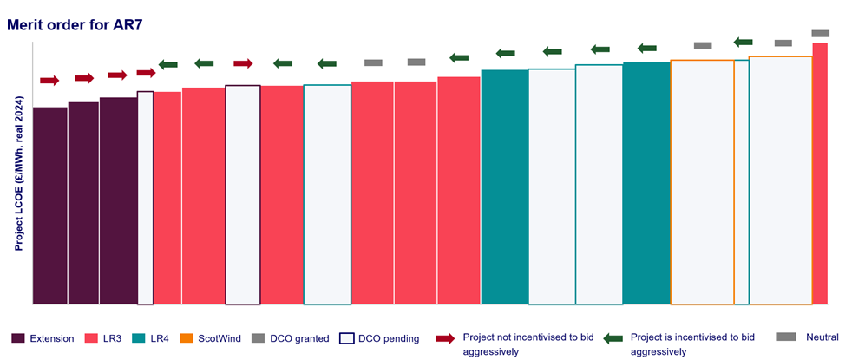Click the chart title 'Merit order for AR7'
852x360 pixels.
(x=74, y=24)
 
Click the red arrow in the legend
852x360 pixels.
(x=445, y=338)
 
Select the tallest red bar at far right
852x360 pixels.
(x=819, y=173)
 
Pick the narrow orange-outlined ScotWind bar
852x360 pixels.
(x=742, y=182)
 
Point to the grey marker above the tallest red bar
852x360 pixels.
(x=820, y=33)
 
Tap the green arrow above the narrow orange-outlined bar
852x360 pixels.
(x=743, y=42)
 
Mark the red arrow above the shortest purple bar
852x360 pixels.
(x=49, y=81)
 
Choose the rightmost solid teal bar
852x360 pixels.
(x=646, y=183)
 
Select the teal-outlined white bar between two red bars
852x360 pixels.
(x=327, y=194)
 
